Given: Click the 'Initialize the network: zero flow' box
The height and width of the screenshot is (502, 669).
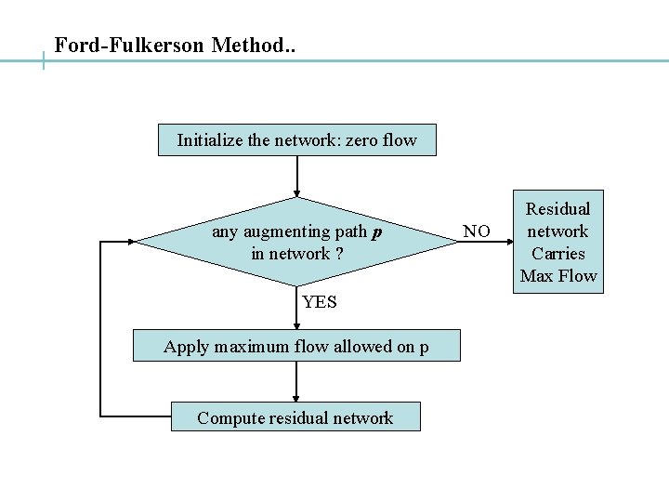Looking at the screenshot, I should point(296,141).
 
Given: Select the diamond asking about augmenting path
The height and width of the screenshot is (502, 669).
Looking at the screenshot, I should point(296,242).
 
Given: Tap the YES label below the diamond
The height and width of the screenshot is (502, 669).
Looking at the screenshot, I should point(319,302).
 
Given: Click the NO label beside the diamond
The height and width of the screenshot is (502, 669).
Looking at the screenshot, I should point(477,231).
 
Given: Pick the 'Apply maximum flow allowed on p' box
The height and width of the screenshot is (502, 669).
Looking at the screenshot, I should point(296,347).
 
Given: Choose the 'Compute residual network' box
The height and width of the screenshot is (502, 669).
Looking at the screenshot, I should point(295,417).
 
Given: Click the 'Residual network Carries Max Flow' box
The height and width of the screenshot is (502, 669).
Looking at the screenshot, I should point(558,243).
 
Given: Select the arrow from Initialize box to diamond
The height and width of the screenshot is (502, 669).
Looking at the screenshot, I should point(296,177).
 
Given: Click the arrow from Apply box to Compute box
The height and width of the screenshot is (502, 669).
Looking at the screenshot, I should point(296,381).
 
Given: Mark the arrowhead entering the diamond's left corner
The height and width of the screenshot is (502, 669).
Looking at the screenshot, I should point(131,242).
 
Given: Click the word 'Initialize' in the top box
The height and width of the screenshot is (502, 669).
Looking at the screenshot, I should point(210,141).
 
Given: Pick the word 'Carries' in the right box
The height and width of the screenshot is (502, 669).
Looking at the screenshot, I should point(558,254).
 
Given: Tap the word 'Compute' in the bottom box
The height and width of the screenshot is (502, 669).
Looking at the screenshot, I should point(229,418).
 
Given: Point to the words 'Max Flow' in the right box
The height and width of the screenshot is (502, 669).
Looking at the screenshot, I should point(558,276).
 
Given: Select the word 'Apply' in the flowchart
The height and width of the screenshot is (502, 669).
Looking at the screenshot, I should point(186,348).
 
